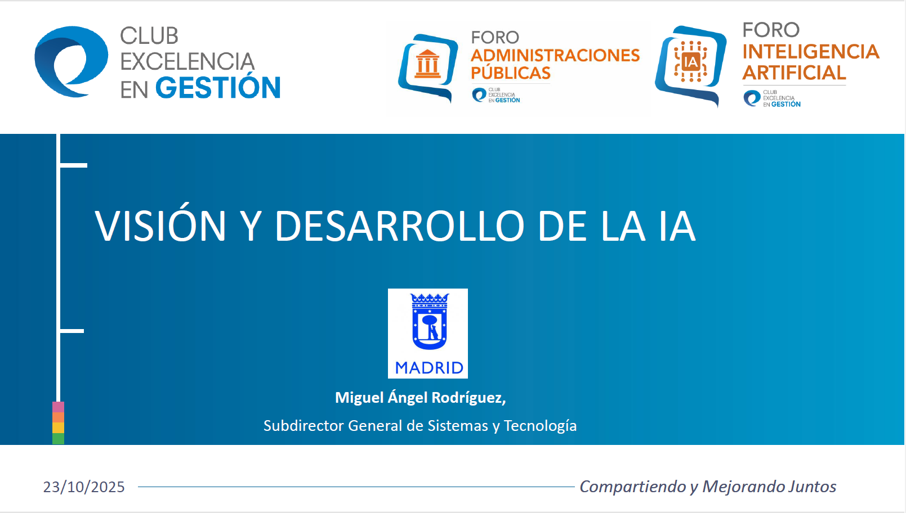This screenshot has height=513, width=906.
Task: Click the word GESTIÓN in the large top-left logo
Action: click(x=217, y=88)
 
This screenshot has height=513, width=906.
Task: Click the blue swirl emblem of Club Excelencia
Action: click(x=70, y=61)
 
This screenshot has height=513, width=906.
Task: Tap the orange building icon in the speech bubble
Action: click(x=427, y=64)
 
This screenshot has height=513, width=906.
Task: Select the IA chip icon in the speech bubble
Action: click(x=690, y=61)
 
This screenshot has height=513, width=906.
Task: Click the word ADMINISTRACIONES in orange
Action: click(x=555, y=55)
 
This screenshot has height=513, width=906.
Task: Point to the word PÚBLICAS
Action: click(x=510, y=73)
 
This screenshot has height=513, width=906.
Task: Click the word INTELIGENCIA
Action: click(x=810, y=52)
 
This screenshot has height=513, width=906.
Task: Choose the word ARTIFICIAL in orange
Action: click(x=793, y=73)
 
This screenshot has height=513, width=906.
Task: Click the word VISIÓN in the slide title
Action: click(x=160, y=226)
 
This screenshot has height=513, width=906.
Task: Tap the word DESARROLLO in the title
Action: click(x=399, y=226)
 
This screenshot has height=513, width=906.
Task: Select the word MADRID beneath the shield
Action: click(x=429, y=368)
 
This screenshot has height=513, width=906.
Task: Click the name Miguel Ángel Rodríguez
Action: click(x=420, y=398)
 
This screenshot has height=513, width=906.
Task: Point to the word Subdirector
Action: click(x=303, y=426)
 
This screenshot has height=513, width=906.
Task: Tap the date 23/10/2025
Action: click(x=84, y=487)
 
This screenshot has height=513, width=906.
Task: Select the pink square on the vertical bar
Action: click(x=58, y=407)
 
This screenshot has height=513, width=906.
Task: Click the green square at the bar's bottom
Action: click(x=58, y=439)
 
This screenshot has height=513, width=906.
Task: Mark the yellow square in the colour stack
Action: click(x=58, y=427)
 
